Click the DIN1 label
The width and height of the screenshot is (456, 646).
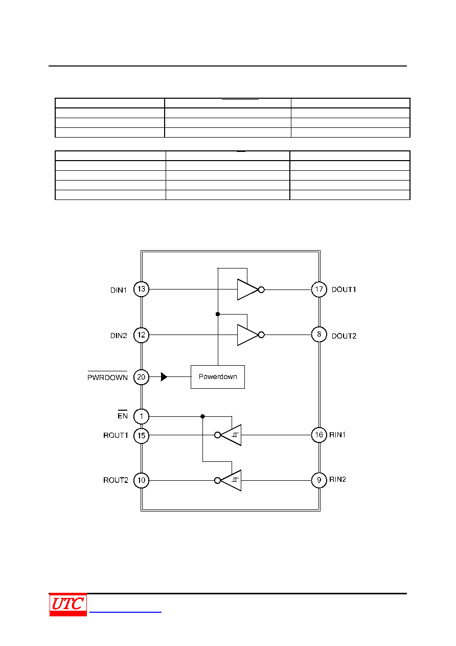[119, 290]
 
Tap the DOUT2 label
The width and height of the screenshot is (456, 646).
[344, 336]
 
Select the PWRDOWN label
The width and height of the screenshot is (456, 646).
[107, 377]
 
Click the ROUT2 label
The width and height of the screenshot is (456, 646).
[116, 480]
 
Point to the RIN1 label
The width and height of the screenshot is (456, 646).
[337, 435]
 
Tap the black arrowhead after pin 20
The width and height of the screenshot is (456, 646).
[164, 376]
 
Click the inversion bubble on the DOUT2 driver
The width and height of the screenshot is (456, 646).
[261, 335]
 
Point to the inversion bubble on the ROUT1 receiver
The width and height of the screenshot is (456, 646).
[218, 435]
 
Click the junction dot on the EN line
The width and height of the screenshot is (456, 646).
[202, 416]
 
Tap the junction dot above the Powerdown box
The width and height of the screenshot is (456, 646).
[218, 314]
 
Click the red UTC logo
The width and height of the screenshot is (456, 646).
[68, 605]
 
